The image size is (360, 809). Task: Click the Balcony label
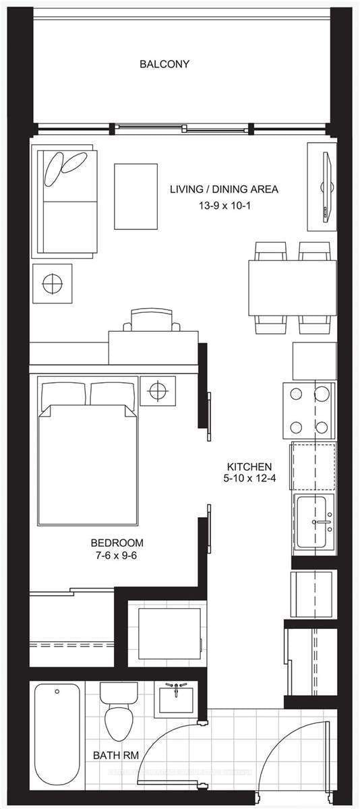pos(164,65)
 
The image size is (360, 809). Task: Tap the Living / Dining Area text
pos(224,189)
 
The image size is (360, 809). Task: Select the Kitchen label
pos(249,467)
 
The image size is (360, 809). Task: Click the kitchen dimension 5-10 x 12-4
pos(249,479)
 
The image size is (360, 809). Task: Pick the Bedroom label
pos(117,543)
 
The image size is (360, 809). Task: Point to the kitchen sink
pos(314,521)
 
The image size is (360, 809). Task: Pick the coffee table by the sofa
pos(136,196)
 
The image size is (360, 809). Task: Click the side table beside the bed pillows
pos(157,390)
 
